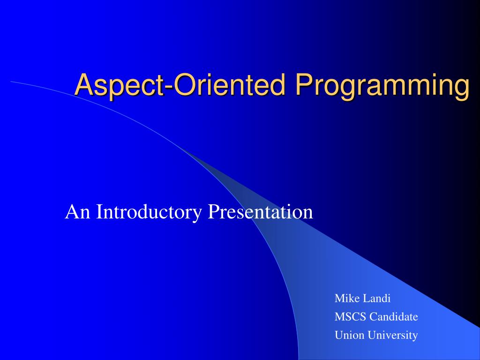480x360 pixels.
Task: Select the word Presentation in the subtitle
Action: point(260,212)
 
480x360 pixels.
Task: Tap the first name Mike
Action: point(345,298)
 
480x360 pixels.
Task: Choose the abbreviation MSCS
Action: point(350,317)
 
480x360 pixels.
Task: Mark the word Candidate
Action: point(394,317)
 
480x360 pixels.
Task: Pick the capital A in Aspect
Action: point(83,85)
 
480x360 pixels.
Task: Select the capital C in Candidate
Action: point(373,317)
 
